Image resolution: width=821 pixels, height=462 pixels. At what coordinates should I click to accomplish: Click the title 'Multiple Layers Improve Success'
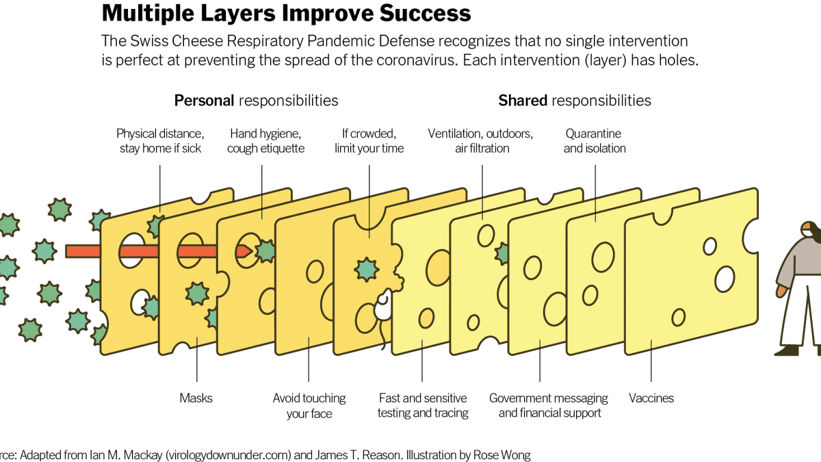click(286, 13)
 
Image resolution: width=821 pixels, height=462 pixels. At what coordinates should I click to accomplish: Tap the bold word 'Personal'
click(204, 101)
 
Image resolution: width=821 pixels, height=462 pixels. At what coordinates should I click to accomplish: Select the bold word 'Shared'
click(523, 101)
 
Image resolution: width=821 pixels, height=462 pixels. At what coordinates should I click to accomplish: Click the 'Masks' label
click(196, 398)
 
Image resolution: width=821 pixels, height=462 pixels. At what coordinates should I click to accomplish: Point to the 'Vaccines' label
click(651, 398)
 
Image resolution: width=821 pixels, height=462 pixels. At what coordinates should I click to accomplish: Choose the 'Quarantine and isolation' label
click(594, 141)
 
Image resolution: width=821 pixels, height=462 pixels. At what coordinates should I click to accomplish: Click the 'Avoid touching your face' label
click(309, 406)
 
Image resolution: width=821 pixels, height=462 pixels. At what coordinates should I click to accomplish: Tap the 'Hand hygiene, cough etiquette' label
click(265, 141)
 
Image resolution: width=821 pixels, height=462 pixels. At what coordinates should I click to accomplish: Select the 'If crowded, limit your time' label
click(369, 141)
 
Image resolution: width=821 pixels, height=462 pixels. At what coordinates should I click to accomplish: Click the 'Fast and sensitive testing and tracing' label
click(423, 405)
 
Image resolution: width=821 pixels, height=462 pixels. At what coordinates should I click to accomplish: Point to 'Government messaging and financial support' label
click(549, 405)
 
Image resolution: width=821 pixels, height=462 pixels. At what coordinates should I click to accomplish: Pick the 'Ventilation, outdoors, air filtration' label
click(480, 141)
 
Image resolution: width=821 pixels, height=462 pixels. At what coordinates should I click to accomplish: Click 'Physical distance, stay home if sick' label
click(160, 141)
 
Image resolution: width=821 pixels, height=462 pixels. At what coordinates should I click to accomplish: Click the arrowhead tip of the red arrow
click(252, 251)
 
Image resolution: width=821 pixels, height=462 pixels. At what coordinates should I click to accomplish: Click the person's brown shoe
click(787, 351)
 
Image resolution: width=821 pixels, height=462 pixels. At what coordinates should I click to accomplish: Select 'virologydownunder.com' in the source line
click(229, 455)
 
